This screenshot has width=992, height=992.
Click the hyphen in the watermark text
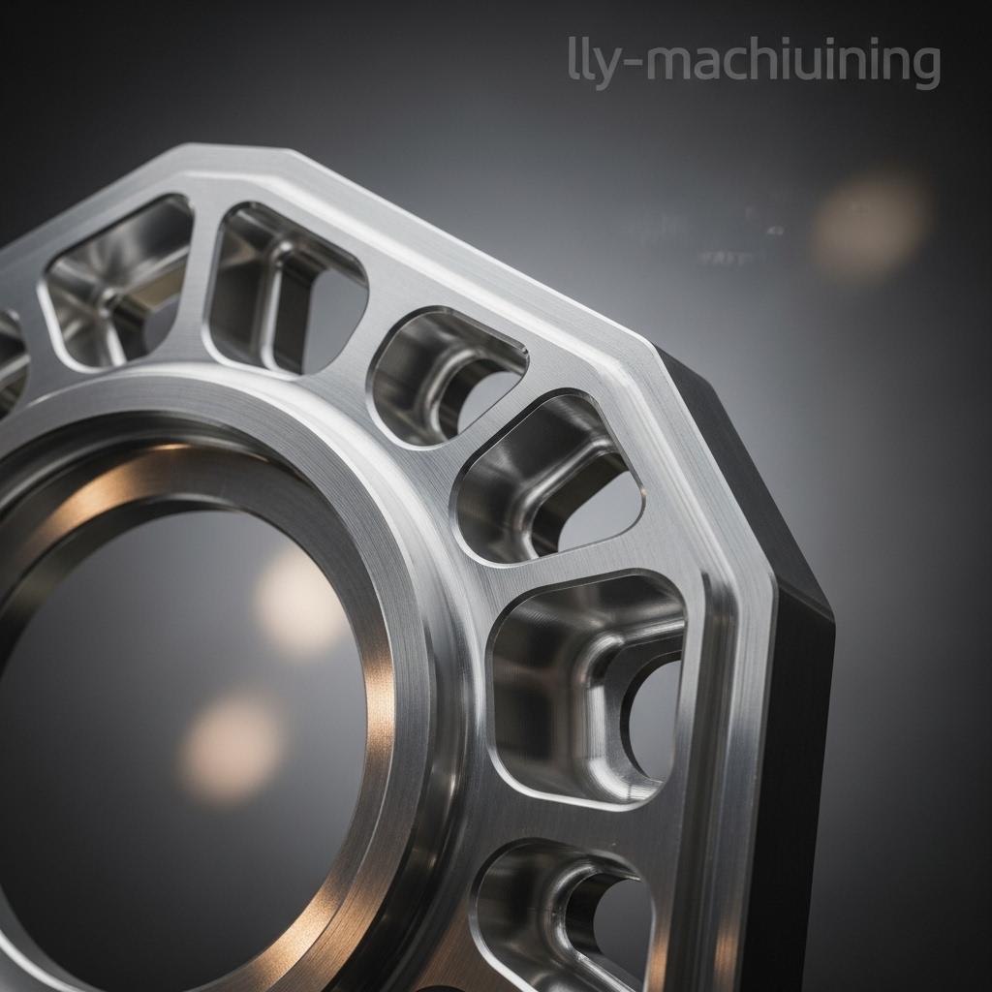(632, 63)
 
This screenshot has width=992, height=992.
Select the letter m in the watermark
(674, 61)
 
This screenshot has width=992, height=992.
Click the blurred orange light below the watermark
(869, 225)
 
